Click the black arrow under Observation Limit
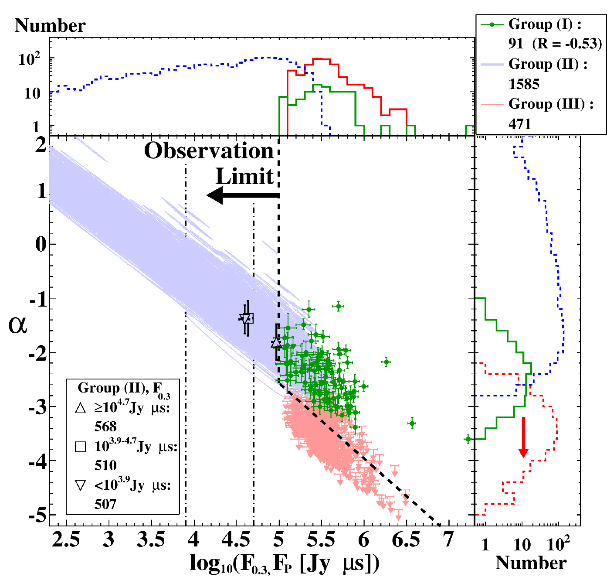click(243, 195)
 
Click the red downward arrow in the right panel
click(523, 437)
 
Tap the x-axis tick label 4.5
click(236, 539)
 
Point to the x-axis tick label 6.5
click(406, 539)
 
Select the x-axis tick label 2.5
click(65, 539)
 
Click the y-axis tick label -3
click(37, 407)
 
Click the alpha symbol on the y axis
click(17, 326)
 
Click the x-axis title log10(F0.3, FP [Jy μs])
click(285, 563)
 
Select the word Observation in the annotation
click(209, 151)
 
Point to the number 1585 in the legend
click(524, 84)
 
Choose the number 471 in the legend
click(519, 124)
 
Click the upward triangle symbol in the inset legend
click(80, 408)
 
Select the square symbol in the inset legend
click(80, 447)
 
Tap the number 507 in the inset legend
click(105, 504)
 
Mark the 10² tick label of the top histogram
click(29, 59)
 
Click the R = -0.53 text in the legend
click(567, 44)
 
